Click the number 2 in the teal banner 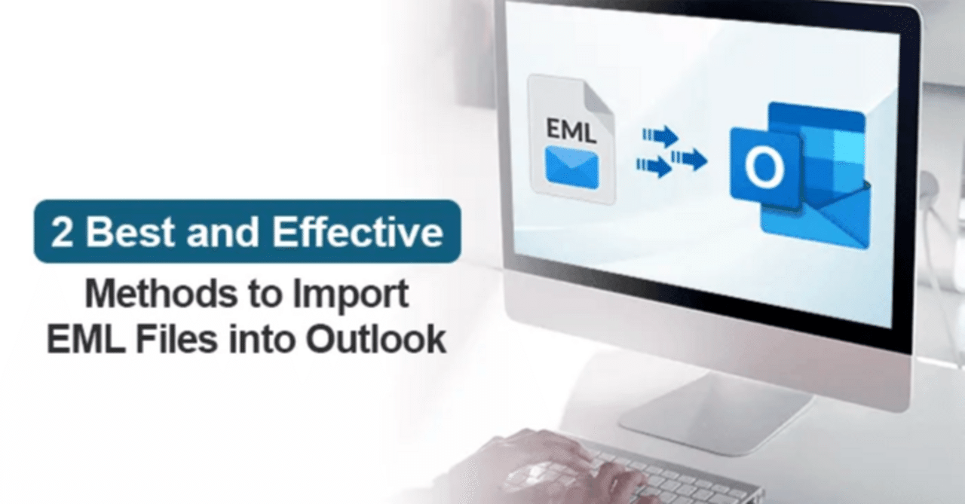[62, 232]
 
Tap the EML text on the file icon [571, 130]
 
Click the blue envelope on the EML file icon [571, 168]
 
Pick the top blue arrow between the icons [660, 136]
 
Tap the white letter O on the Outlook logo [764, 167]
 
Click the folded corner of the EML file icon [598, 99]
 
